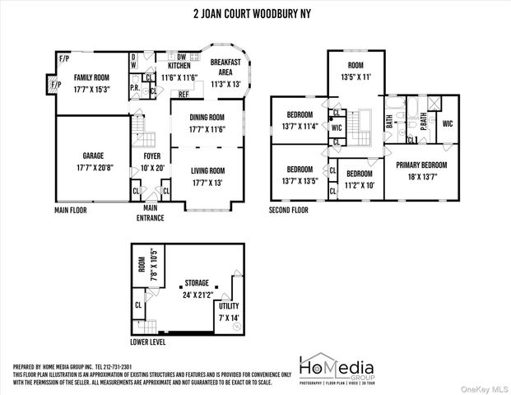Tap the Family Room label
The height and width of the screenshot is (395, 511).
pyautogui.click(x=92, y=77)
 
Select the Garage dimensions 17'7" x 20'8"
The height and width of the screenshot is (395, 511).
pyautogui.click(x=92, y=168)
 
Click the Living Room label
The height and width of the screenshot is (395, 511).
pyautogui.click(x=207, y=171)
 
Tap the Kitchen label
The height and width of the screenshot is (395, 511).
pyautogui.click(x=179, y=65)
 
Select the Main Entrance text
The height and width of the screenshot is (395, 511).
pyautogui.click(x=150, y=214)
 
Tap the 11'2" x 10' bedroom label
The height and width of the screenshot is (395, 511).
pyautogui.click(x=359, y=174)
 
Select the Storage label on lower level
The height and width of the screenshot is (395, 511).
pyautogui.click(x=196, y=281)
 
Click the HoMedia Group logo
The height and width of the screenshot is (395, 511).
pyautogui.click(x=336, y=369)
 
